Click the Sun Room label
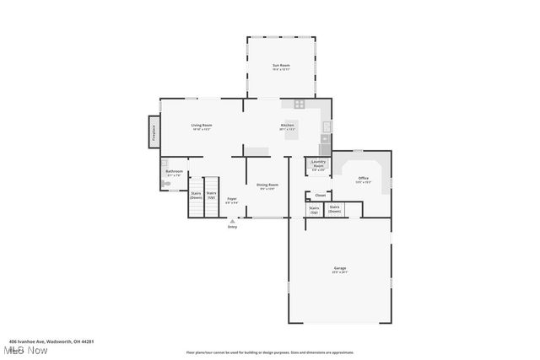click(281, 67)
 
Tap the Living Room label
click(202, 126)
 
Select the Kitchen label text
click(288, 126)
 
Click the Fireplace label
click(154, 132)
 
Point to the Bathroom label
click(174, 172)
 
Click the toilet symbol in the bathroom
click(165, 184)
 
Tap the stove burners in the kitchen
click(299, 104)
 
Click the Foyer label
click(231, 200)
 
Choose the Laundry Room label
click(318, 164)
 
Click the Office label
click(363, 179)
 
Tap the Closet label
click(321, 196)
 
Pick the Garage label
click(339, 270)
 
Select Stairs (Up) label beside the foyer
click(211, 195)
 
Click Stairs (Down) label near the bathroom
click(196, 195)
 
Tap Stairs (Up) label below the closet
click(314, 209)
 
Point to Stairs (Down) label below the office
click(335, 209)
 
